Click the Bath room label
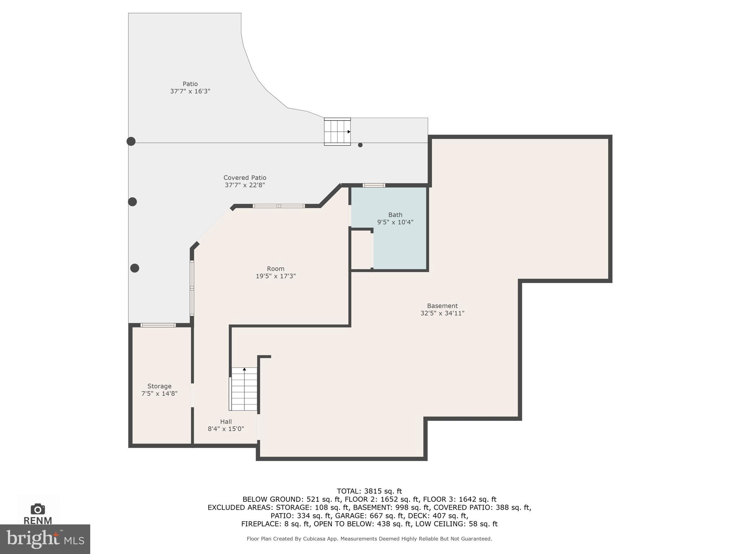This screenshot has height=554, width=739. [395, 215]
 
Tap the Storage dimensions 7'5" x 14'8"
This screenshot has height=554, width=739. [159, 393]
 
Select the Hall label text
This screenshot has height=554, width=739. [226, 421]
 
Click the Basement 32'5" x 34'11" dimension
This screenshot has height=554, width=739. [442, 313]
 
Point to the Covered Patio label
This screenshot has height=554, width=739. [245, 177]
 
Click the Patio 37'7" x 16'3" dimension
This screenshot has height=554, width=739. [190, 91]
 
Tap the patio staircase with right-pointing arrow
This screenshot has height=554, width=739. [337, 132]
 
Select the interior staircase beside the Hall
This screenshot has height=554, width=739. [244, 389]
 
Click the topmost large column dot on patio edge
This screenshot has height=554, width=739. [131, 141]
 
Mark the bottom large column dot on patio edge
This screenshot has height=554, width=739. [135, 268]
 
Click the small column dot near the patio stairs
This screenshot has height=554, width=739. [360, 145]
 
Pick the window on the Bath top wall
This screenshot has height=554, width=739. [374, 185]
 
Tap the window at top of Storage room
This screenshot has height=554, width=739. [158, 325]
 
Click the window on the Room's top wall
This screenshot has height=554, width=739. [279, 206]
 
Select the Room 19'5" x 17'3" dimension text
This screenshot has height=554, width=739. [276, 276]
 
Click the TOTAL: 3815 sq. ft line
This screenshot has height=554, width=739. [369, 491]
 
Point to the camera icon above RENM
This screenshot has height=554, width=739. [38, 509]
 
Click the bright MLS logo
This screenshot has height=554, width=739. [45, 539]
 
